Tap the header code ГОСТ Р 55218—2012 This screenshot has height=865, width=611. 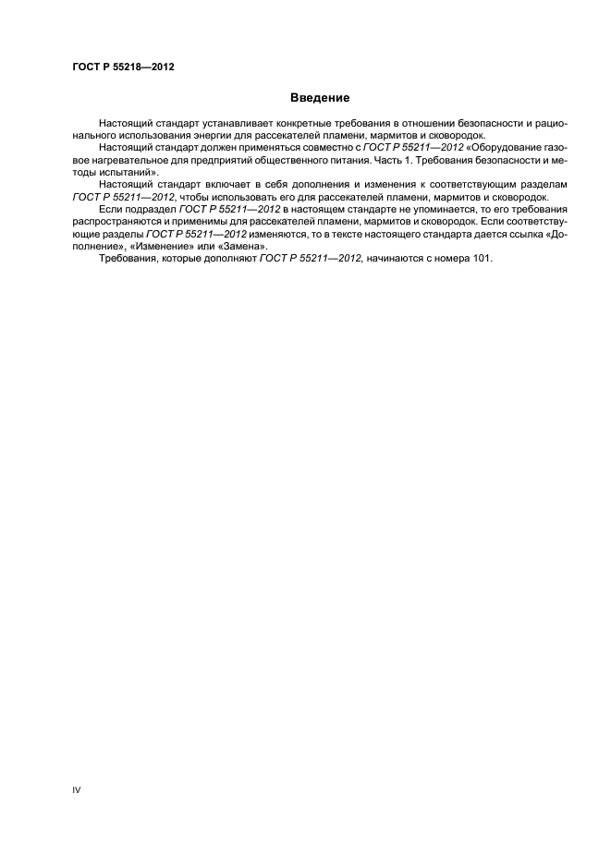(x=123, y=67)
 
